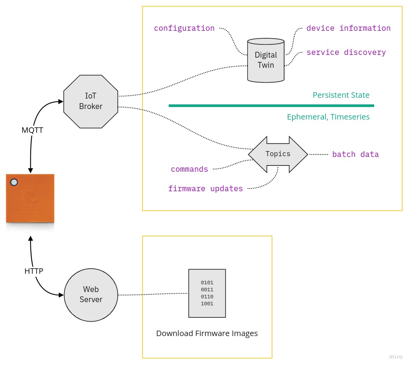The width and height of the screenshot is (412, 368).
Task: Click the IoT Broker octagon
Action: pyautogui.click(x=90, y=101)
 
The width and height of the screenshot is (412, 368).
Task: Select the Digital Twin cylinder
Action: pyautogui.click(x=266, y=60)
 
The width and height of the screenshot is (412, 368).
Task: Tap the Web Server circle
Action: pyautogui.click(x=90, y=295)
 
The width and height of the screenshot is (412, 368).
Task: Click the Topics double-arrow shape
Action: pyautogui.click(x=278, y=154)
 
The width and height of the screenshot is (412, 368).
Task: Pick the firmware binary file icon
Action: pyautogui.click(x=207, y=293)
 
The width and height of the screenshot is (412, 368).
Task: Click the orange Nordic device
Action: pyautogui.click(x=30, y=199)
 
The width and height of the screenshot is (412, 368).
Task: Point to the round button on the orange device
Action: pyautogui.click(x=14, y=182)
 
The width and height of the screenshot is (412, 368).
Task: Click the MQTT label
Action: pyautogui.click(x=32, y=130)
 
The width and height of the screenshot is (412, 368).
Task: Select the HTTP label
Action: pyautogui.click(x=34, y=271)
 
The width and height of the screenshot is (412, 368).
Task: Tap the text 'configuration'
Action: pyautogui.click(x=184, y=28)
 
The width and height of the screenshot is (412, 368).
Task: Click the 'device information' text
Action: pyautogui.click(x=348, y=28)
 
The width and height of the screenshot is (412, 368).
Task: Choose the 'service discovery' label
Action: pyautogui.click(x=346, y=53)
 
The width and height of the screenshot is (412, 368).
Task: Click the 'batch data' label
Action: pyautogui.click(x=355, y=155)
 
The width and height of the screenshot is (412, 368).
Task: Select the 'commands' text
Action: pyautogui.click(x=189, y=169)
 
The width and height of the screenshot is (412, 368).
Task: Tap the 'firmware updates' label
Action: pyautogui.click(x=205, y=189)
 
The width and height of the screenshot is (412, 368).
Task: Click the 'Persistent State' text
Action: pyautogui.click(x=341, y=95)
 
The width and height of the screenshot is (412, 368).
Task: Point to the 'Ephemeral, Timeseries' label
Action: pyautogui.click(x=328, y=117)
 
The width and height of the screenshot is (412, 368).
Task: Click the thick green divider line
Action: pyautogui.click(x=271, y=106)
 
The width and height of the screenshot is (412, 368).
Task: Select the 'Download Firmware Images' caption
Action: pyautogui.click(x=207, y=333)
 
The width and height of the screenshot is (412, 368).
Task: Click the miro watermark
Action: pyautogui.click(x=395, y=357)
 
